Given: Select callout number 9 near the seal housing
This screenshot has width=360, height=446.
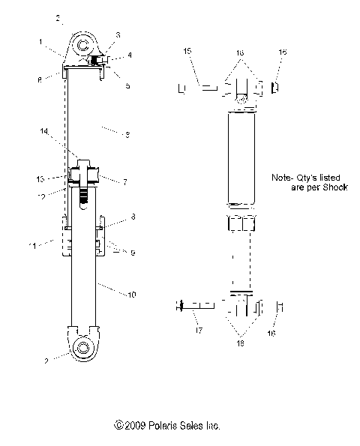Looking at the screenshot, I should pos(131,253).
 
